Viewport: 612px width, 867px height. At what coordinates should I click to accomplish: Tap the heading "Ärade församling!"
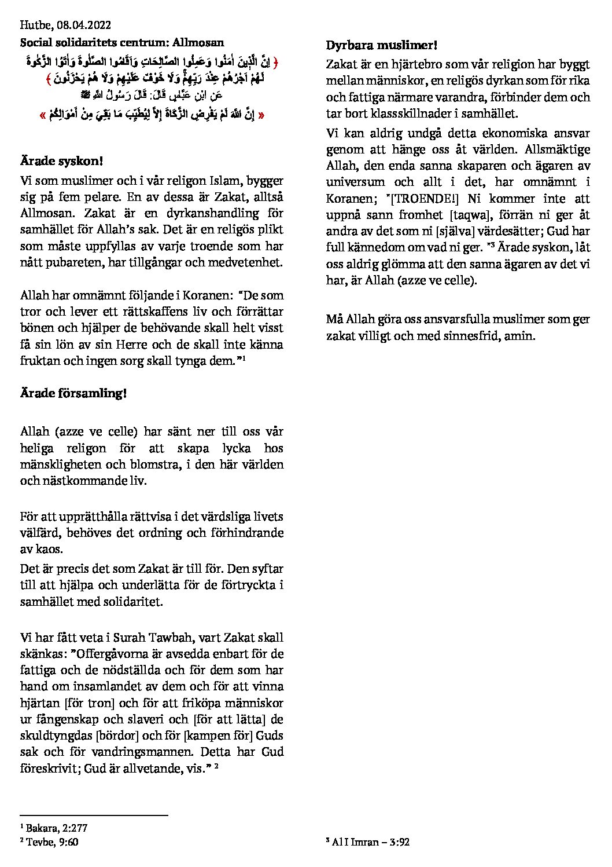tap(73, 394)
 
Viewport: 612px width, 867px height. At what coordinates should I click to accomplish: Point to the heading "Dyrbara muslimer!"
tap(382, 45)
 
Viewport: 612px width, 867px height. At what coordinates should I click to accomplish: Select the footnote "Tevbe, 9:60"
tap(52, 842)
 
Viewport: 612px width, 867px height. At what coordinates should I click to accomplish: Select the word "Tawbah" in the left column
tap(174, 638)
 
